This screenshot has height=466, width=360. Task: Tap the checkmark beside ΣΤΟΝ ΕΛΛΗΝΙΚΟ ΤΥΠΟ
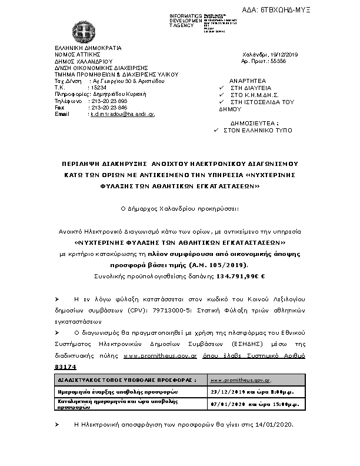[215, 129]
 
